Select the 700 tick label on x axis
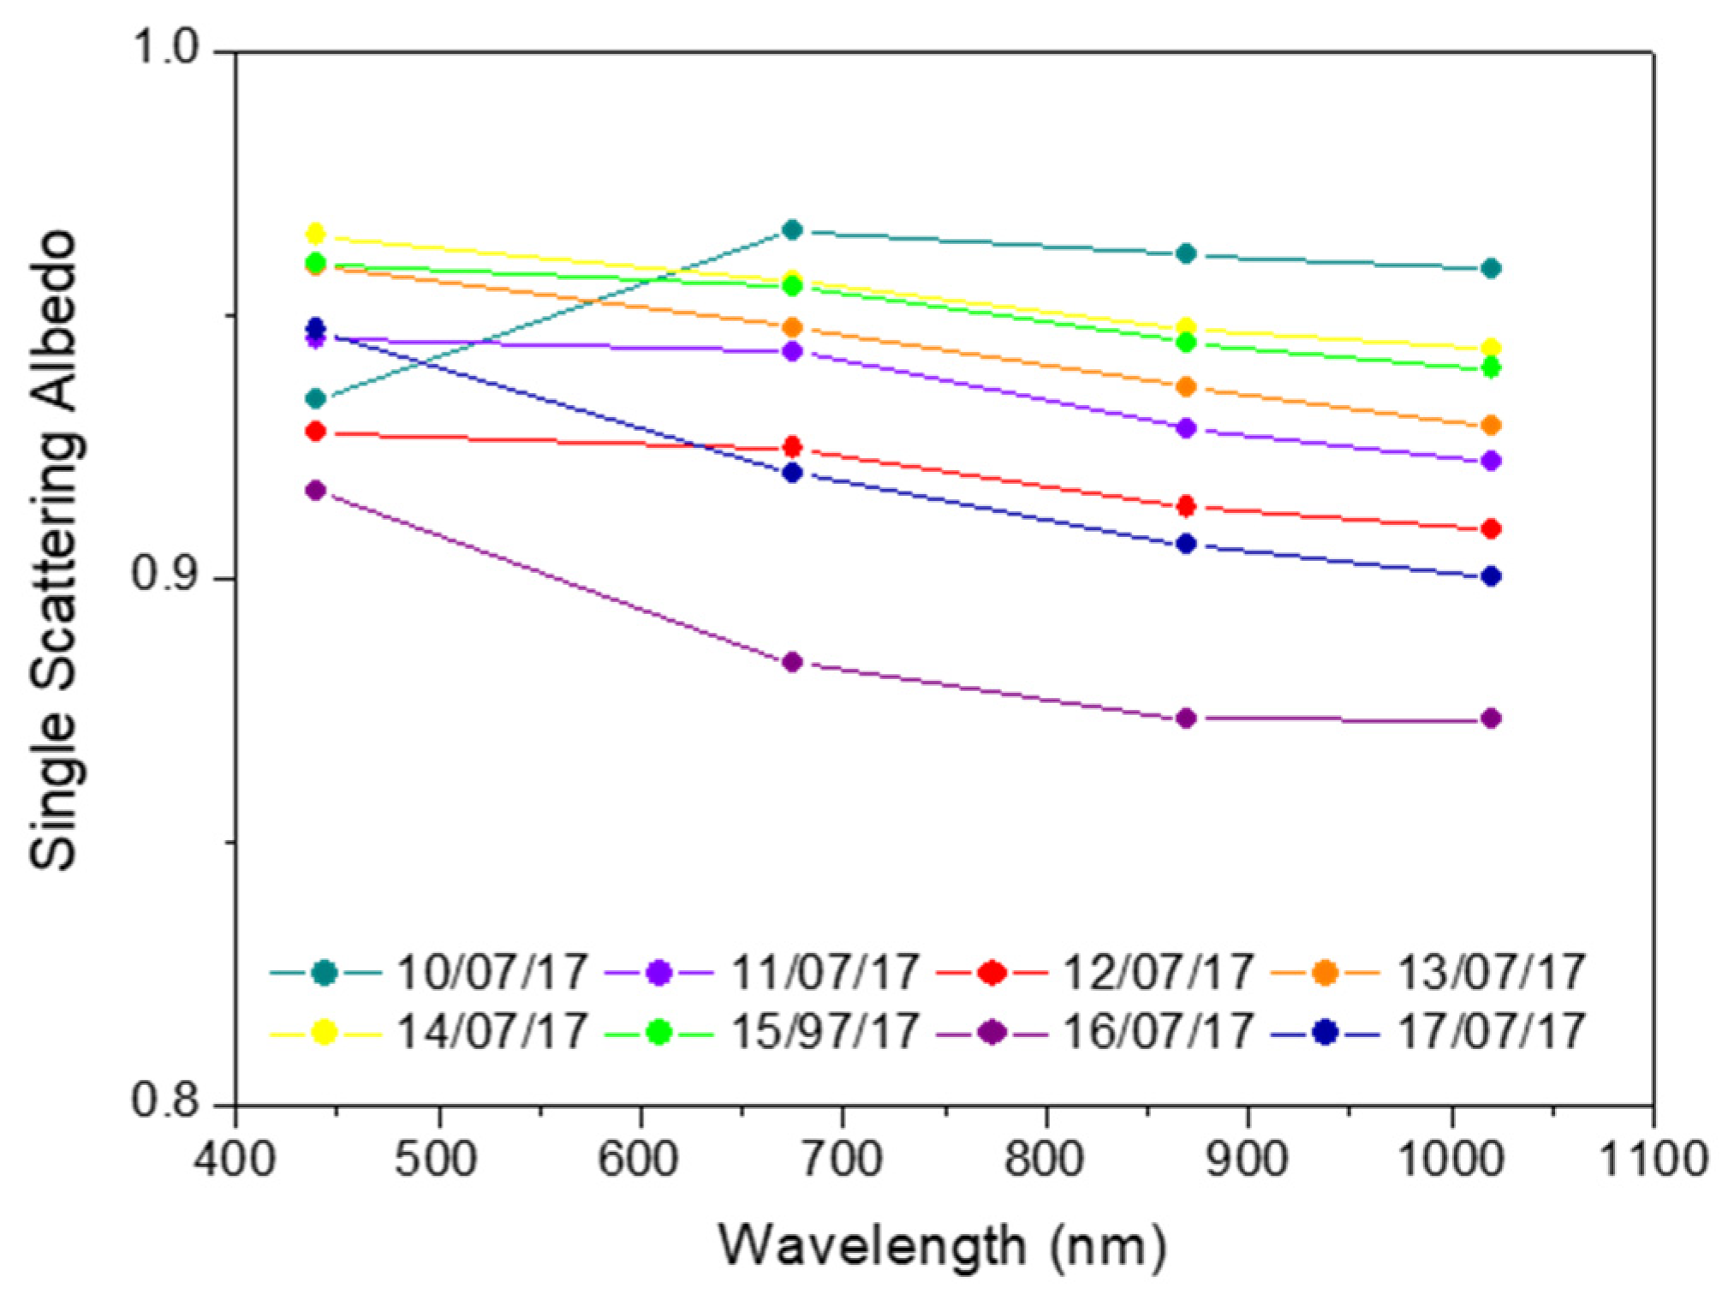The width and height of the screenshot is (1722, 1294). click(843, 1160)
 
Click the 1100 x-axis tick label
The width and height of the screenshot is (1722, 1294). click(1653, 1160)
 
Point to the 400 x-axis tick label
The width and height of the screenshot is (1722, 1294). click(235, 1160)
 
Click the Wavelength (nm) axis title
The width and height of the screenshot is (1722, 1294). click(942, 1245)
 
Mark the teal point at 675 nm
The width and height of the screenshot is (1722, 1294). click(793, 230)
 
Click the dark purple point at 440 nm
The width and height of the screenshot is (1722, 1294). click(315, 491)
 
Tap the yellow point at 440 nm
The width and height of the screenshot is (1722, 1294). click(315, 234)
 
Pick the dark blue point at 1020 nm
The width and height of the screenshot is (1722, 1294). click(1491, 576)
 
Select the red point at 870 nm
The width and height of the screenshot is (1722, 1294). click(1186, 505)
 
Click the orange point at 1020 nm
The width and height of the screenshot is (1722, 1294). click(1491, 426)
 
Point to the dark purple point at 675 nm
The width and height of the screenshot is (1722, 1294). click(793, 662)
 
